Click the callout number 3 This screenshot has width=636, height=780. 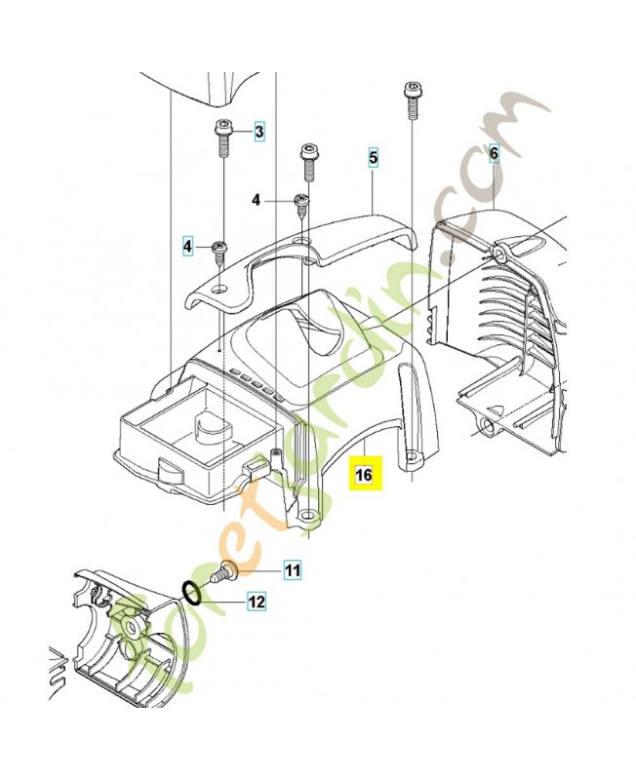point(259,132)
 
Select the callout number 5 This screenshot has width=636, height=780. point(374,157)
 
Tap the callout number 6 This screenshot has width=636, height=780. point(494,154)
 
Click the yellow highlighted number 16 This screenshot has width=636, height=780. point(364,474)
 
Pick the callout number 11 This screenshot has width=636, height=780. point(293,569)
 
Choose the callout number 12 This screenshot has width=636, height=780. point(257,602)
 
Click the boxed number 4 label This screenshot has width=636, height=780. point(187,246)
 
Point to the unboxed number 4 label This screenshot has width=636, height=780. point(256,200)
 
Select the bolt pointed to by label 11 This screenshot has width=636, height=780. point(223,572)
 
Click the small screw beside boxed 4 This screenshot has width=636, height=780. point(218,252)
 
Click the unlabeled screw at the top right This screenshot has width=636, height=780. point(412,100)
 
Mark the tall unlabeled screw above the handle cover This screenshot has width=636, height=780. point(307,164)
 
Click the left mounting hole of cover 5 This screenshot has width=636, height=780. point(218,289)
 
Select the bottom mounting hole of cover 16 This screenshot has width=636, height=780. point(309,514)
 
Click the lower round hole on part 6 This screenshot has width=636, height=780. point(487,426)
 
